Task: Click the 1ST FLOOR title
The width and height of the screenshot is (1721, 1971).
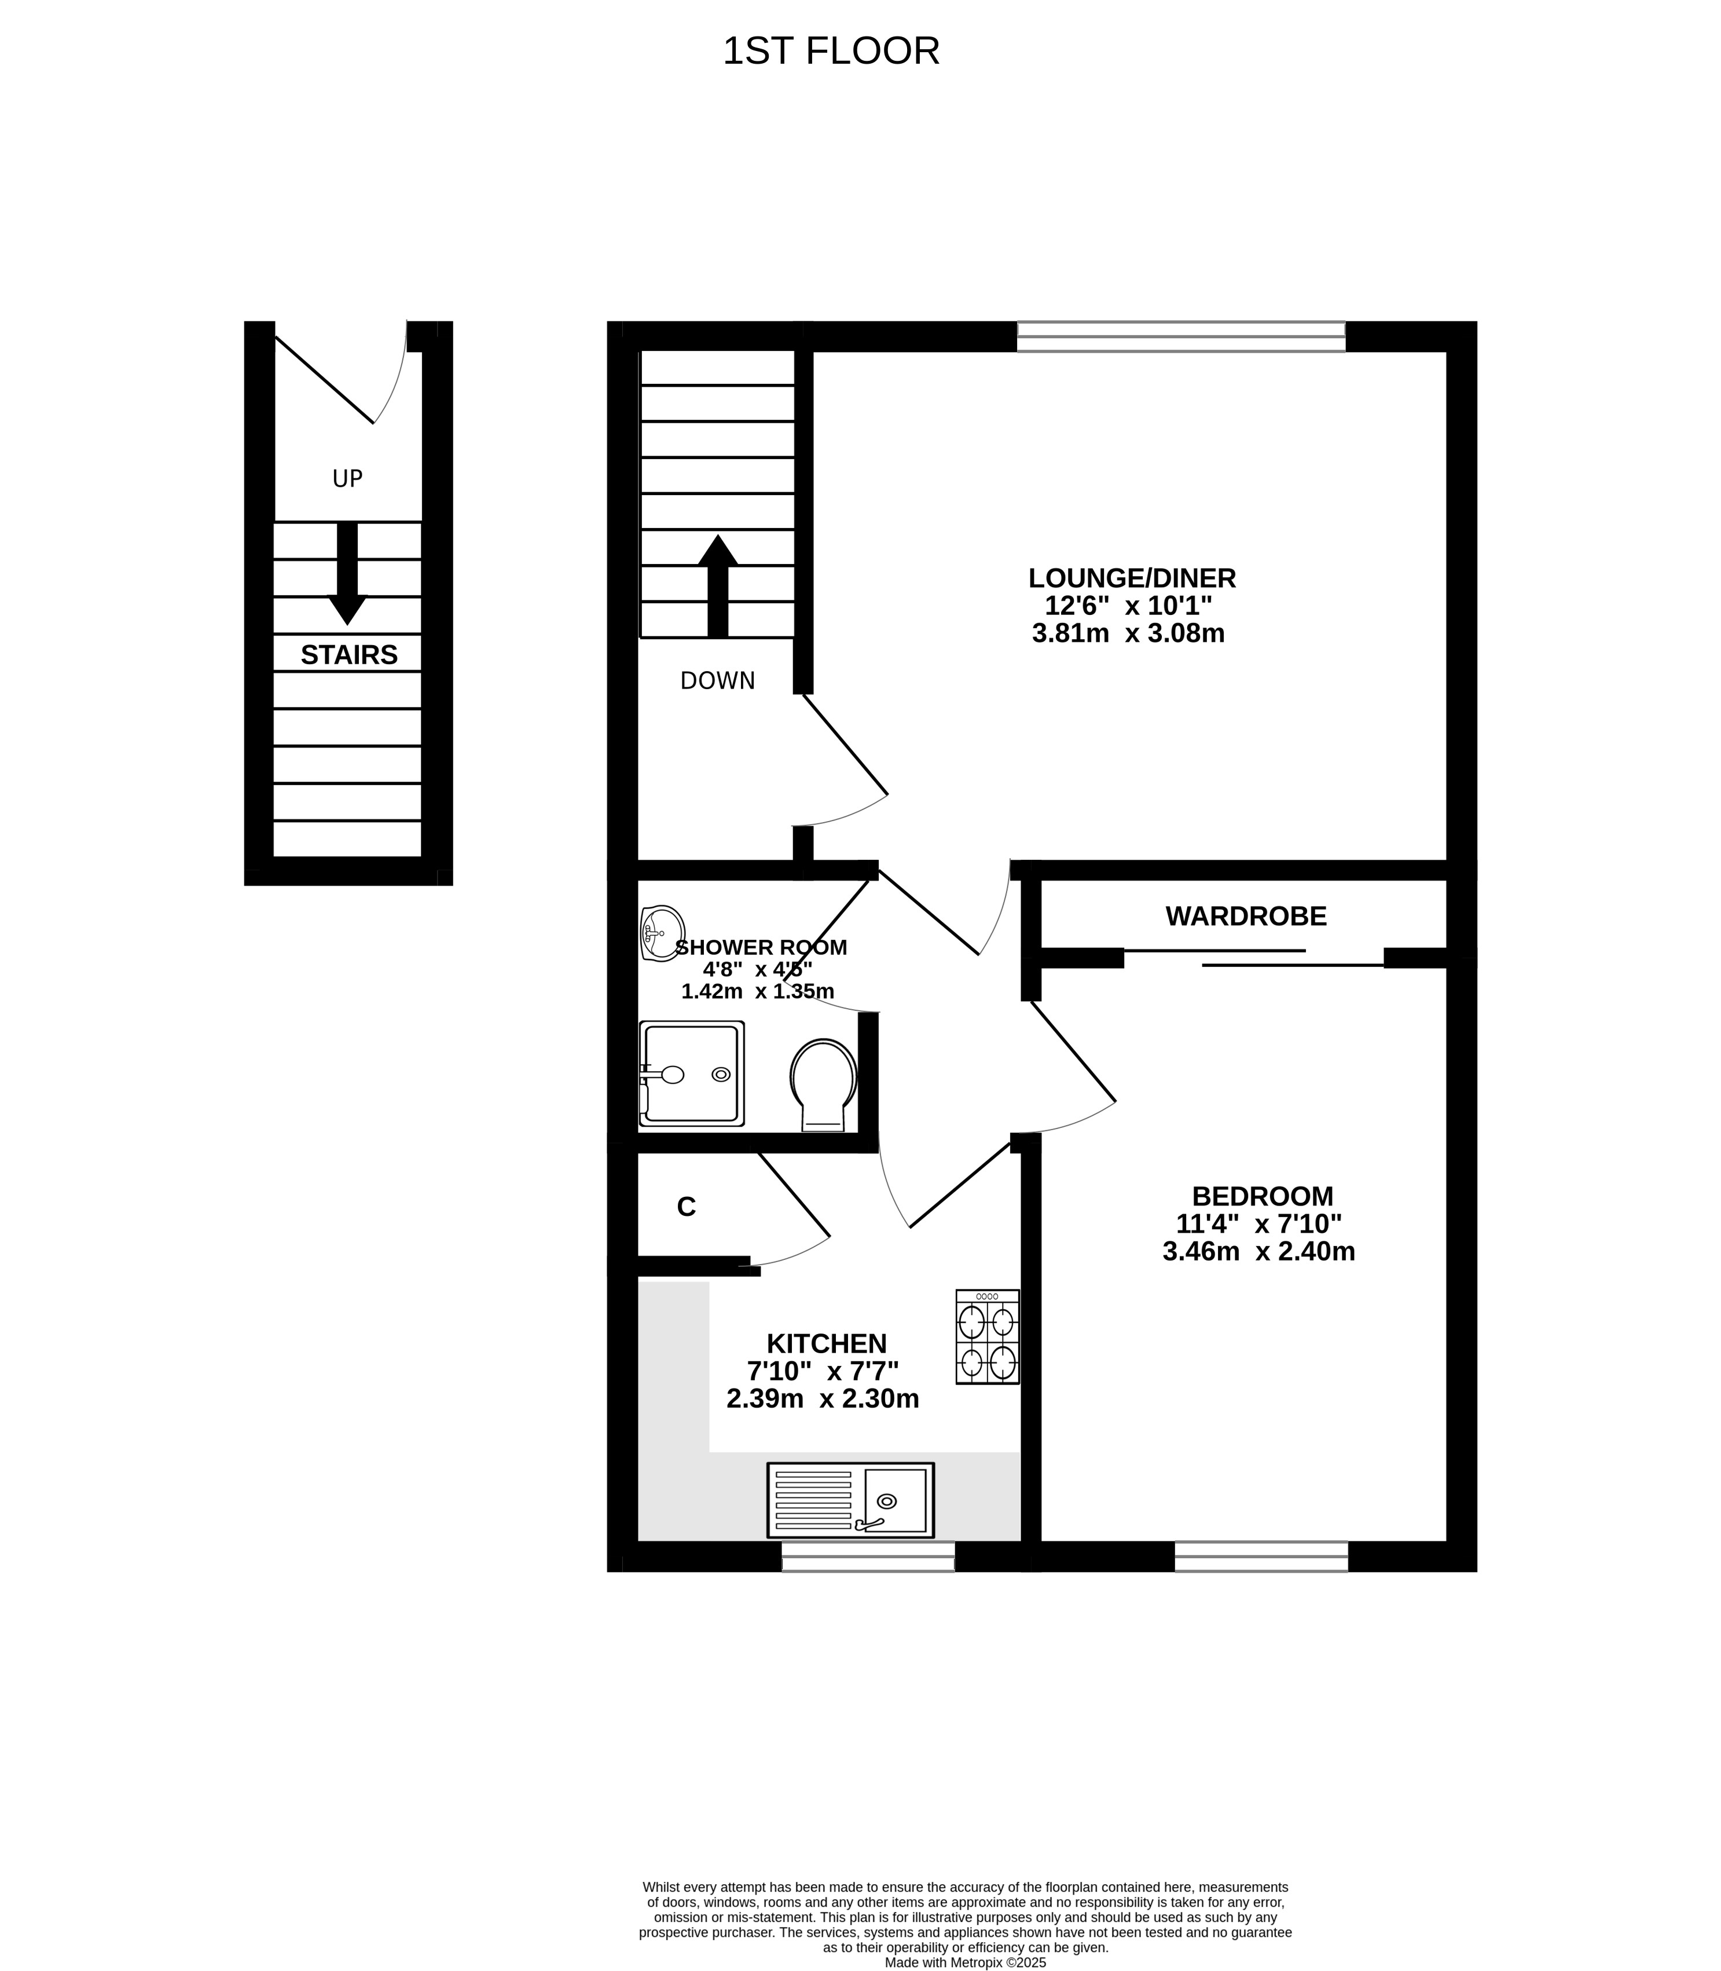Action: [x=831, y=51]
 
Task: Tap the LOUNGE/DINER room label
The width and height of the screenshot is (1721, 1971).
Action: [x=1132, y=578]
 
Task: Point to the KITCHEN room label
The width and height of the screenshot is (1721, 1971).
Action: [x=826, y=1344]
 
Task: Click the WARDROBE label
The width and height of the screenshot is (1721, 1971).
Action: [x=1246, y=917]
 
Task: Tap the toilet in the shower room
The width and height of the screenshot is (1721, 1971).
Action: [x=823, y=1086]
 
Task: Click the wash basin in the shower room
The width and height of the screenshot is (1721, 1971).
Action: [x=662, y=933]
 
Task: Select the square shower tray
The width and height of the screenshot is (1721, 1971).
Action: [x=692, y=1074]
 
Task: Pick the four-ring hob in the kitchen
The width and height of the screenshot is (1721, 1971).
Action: [x=987, y=1336]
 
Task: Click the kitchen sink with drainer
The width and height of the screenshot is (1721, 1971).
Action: [x=850, y=1499]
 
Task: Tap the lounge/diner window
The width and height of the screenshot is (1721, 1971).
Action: [x=1181, y=337]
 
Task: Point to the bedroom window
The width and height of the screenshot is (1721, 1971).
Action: [x=1261, y=1556]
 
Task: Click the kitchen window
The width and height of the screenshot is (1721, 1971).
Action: [x=868, y=1556]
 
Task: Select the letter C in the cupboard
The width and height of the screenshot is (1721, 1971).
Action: [x=686, y=1207]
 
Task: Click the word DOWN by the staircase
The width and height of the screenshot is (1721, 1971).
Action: [x=717, y=681]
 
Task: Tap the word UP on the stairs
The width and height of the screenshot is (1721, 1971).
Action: [x=348, y=478]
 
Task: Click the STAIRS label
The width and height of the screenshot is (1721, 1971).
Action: [x=348, y=655]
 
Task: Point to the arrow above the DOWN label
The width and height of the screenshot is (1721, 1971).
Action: [x=717, y=586]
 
